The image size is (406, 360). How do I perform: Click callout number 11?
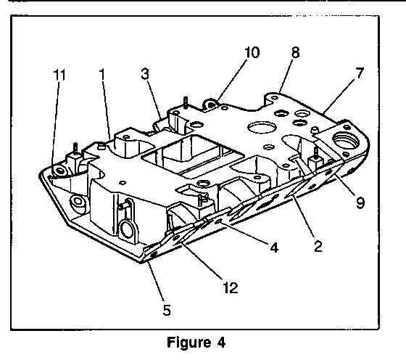click(59, 75)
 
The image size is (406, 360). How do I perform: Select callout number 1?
click(103, 74)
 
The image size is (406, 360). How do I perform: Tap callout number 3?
click(145, 73)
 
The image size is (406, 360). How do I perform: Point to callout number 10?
click(252, 52)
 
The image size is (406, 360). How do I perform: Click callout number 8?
click(296, 52)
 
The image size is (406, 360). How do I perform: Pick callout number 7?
click(360, 73)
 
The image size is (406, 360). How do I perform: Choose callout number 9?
click(360, 202)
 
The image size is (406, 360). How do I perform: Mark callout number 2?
click(318, 246)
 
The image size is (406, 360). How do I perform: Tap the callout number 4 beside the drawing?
click(274, 247)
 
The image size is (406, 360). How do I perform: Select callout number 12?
click(231, 287)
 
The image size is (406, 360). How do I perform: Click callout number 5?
click(167, 310)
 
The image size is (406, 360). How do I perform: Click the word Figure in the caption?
click(188, 343)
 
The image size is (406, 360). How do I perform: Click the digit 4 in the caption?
click(221, 343)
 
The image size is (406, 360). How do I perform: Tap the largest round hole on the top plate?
click(262, 127)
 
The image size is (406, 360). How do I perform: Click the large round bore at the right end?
click(347, 140)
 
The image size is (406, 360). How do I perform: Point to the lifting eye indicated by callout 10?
click(211, 104)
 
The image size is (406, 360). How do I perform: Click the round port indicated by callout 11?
click(60, 171)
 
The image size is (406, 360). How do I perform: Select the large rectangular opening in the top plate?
click(192, 157)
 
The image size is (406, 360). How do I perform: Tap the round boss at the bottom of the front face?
click(126, 229)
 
